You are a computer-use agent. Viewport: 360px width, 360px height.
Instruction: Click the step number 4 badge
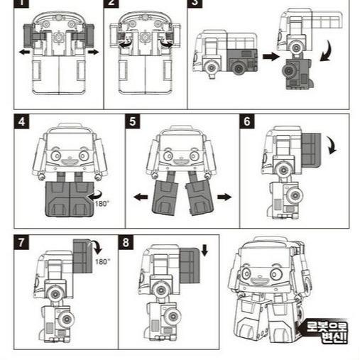coord(21,121)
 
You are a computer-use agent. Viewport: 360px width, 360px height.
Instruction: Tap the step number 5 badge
coord(133,121)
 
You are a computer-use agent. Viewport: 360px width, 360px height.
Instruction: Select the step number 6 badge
coord(247,121)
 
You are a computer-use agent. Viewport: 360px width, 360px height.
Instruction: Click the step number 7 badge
coord(21,242)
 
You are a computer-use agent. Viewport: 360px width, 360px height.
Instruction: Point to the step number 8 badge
coord(126,242)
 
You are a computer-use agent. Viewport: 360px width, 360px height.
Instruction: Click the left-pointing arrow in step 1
coord(24,52)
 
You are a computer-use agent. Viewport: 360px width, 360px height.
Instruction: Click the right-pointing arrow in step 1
coord(94,52)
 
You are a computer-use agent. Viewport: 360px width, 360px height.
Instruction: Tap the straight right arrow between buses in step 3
coord(271,56)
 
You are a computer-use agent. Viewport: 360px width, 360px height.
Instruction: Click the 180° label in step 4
coord(102,204)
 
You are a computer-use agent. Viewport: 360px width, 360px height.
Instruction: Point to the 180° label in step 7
coord(102,261)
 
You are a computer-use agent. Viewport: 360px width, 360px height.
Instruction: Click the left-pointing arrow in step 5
coord(141,197)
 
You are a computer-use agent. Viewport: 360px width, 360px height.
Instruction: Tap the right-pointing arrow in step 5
coord(224,197)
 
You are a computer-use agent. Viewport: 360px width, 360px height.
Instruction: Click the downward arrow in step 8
coord(204,251)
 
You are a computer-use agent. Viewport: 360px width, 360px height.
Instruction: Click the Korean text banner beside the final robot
coord(326,332)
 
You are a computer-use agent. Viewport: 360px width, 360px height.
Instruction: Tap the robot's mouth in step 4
coord(70,162)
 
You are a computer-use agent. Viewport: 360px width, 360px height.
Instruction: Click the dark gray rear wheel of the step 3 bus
coord(239,68)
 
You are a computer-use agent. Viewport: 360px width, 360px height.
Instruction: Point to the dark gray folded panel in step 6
coord(311,150)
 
